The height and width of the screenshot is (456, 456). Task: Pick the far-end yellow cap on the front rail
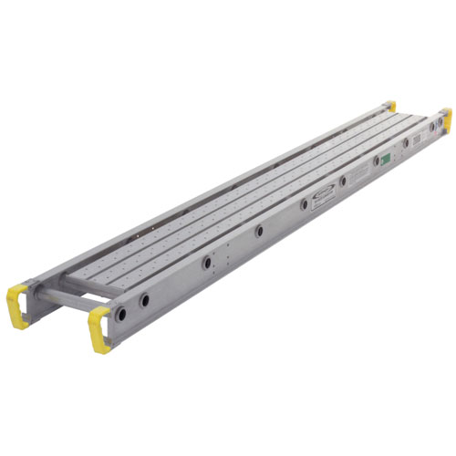click(446, 117)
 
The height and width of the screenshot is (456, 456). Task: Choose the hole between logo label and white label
click(342, 182)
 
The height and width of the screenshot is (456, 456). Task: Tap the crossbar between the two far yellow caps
click(420, 110)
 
